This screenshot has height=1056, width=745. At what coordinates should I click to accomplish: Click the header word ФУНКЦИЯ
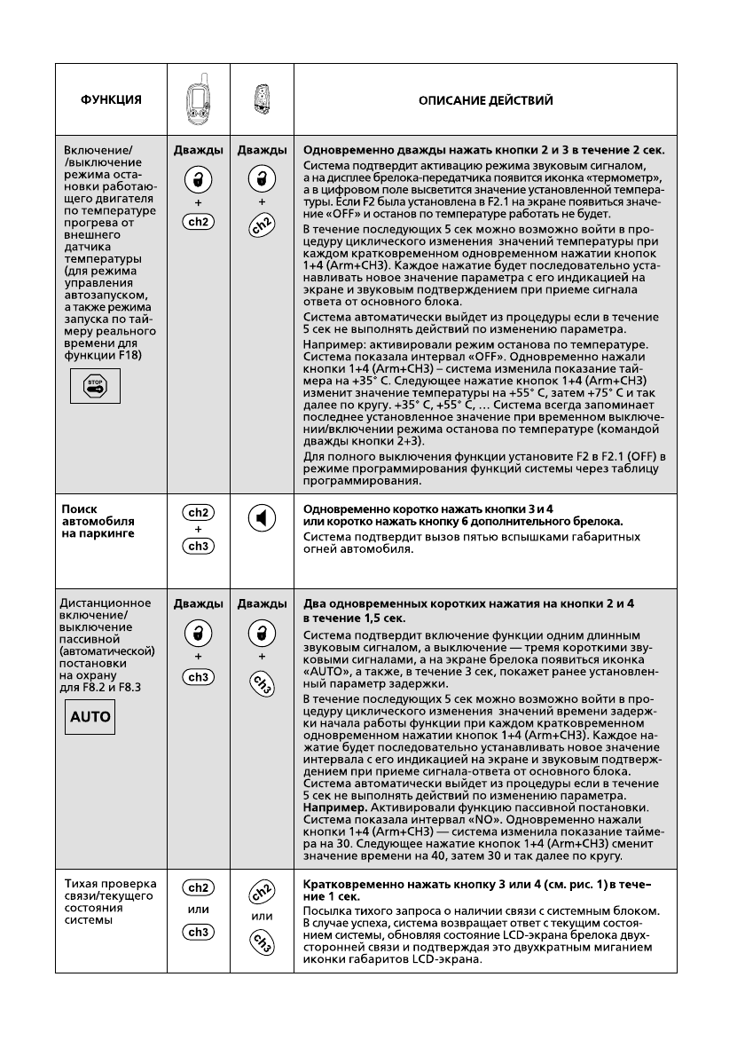point(112,100)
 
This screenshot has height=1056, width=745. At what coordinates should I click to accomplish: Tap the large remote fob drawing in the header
point(198,100)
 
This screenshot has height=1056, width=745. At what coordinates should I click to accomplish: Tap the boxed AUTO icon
point(91,716)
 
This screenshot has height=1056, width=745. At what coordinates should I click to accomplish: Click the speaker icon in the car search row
point(262,519)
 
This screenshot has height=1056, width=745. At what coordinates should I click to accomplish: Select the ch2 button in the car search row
point(198,512)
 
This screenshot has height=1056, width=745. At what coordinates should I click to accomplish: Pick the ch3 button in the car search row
point(198,546)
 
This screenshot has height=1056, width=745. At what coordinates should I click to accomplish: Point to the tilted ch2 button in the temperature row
point(263,248)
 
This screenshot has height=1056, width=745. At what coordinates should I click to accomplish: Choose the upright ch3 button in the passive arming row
point(198,678)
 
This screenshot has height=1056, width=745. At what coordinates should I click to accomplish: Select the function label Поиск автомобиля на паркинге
point(98,522)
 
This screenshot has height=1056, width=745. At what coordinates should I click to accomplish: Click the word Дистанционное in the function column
point(103,603)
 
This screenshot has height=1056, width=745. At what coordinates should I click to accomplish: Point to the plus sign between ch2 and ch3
point(198,529)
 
